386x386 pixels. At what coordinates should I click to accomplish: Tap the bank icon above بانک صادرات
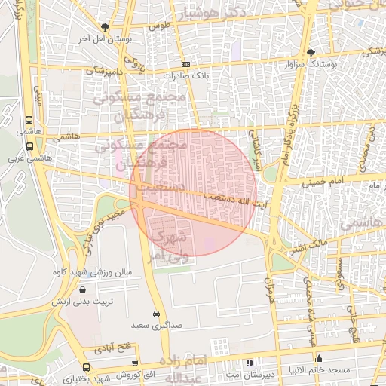click(185, 65)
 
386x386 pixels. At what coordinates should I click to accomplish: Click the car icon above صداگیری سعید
click(156, 313)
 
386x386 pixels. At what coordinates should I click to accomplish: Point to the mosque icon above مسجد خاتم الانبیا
click(320, 359)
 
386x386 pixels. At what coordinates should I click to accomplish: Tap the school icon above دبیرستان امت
click(250, 363)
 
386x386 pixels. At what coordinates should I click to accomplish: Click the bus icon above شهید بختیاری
click(85, 367)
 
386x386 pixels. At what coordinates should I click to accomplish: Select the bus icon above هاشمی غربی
click(29, 148)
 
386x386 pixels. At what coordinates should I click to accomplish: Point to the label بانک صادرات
click(186, 76)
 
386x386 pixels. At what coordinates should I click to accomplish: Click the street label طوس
click(158, 25)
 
